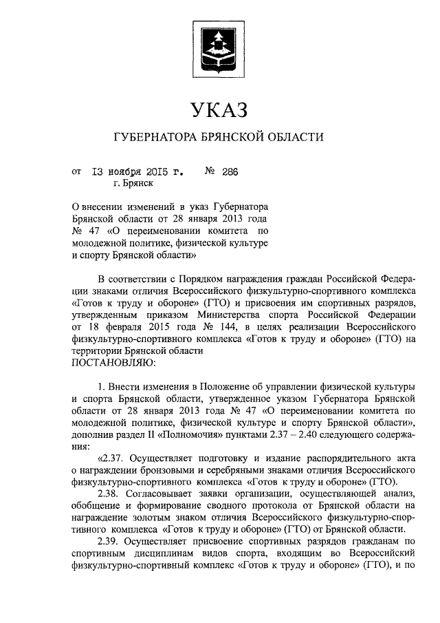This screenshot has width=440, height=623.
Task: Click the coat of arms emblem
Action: click(219, 47)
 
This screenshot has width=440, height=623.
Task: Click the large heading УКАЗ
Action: click(219, 109)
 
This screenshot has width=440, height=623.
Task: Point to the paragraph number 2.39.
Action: click(111, 542)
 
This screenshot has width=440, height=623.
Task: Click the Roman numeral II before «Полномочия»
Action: click(158, 436)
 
